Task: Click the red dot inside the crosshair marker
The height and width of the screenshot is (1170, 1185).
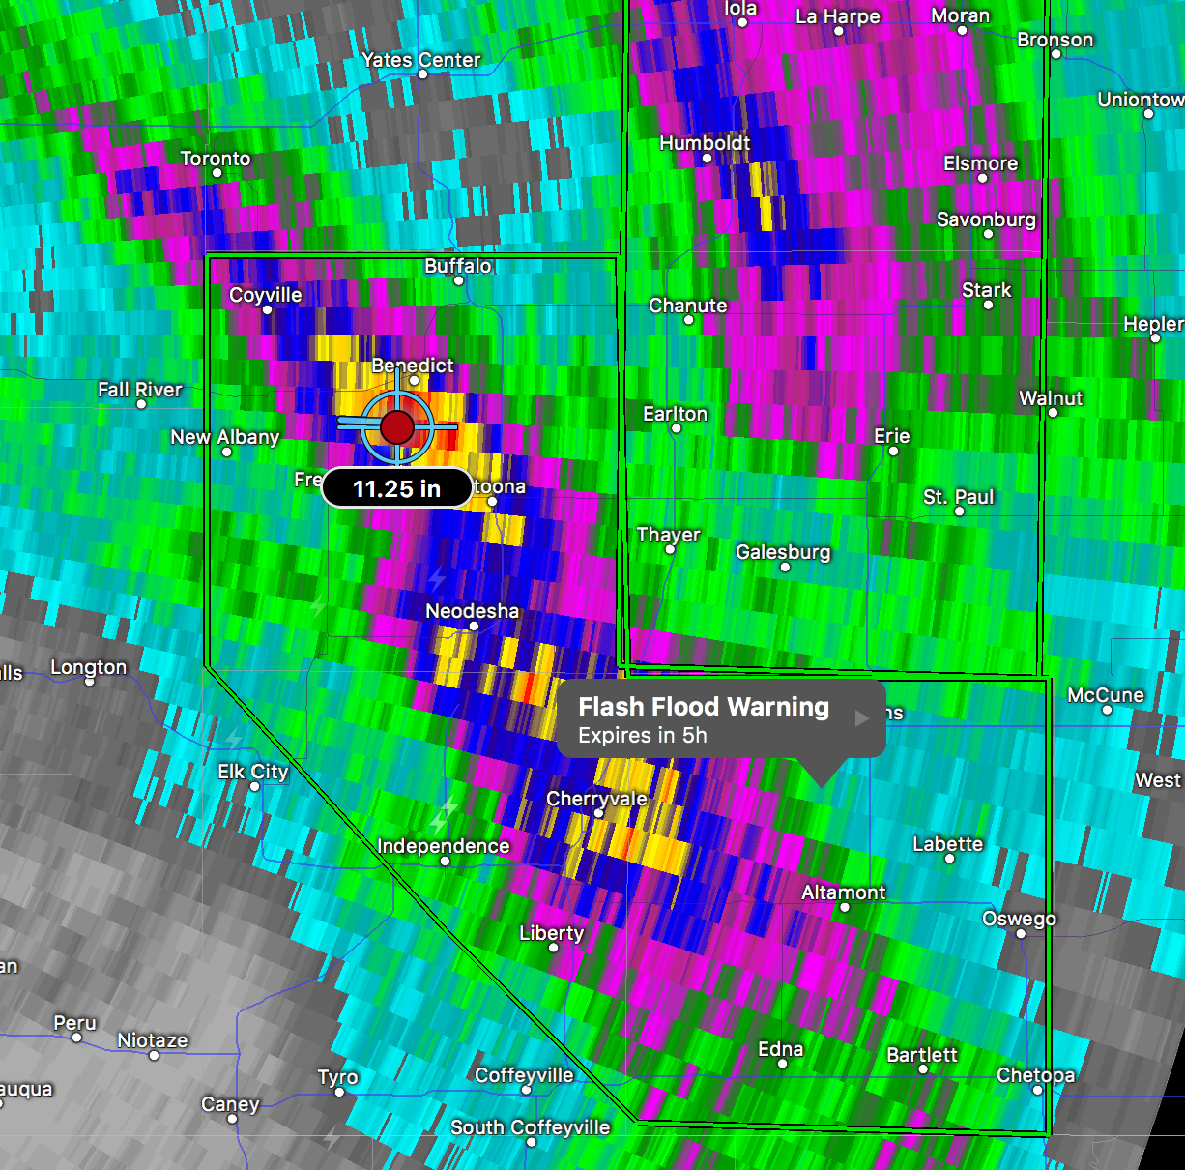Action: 397,426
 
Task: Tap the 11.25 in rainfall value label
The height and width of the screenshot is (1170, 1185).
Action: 396,488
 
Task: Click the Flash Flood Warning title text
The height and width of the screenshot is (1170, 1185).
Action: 704,707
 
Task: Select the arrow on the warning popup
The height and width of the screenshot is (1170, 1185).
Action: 862,718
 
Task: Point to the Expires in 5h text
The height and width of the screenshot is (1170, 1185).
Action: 643,736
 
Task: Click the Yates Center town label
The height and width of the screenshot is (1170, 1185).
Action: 420,59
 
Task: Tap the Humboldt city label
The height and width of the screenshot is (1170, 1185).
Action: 705,142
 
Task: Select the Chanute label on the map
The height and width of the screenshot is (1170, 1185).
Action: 687,305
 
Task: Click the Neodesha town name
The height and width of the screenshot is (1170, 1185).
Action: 472,610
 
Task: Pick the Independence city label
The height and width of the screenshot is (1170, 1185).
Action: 443,846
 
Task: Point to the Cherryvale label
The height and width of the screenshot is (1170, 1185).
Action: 596,799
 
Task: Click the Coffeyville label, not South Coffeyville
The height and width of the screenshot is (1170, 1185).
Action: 524,1075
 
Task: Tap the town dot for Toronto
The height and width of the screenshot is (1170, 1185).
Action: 217,173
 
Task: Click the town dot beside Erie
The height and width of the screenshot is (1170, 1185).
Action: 893,451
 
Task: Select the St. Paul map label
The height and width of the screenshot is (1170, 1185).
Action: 958,496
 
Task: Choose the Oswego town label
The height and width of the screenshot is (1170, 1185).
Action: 1019,918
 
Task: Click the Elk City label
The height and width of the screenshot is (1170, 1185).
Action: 252,771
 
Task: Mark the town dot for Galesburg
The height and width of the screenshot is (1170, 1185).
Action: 785,568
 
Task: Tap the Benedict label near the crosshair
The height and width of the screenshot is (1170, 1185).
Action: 413,365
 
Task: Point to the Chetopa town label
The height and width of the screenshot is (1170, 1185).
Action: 1035,1074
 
